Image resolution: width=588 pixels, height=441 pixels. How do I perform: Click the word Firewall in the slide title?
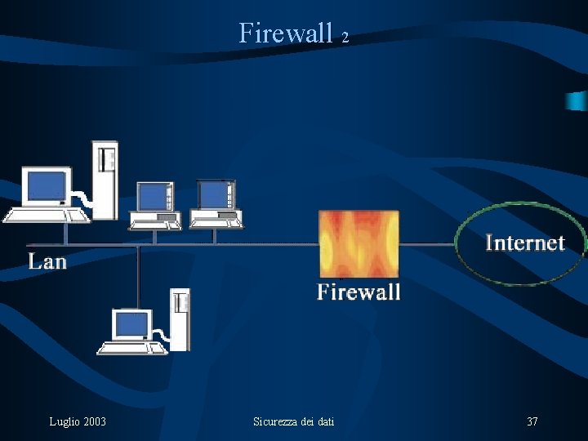[286, 33]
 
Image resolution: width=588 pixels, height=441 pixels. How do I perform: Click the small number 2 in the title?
[345, 38]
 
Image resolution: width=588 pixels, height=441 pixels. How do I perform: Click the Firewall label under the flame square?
[359, 292]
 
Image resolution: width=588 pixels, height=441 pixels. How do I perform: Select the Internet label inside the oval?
[525, 243]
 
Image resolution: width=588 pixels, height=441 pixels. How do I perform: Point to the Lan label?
[47, 261]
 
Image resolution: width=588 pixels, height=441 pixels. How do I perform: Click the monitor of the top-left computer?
[46, 186]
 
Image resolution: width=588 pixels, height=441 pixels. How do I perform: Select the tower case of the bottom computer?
[179, 318]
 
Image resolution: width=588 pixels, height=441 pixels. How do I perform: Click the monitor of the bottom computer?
[131, 325]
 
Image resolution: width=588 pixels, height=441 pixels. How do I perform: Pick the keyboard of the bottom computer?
[131, 348]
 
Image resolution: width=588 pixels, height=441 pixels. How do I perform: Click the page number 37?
[532, 421]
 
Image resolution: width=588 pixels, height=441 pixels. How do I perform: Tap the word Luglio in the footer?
[64, 421]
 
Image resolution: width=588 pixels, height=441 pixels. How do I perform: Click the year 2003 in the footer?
[94, 421]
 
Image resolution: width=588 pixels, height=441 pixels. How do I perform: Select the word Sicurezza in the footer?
[277, 421]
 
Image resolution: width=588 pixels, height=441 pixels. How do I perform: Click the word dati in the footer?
[324, 421]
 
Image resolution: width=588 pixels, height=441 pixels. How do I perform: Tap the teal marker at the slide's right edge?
[578, 100]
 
